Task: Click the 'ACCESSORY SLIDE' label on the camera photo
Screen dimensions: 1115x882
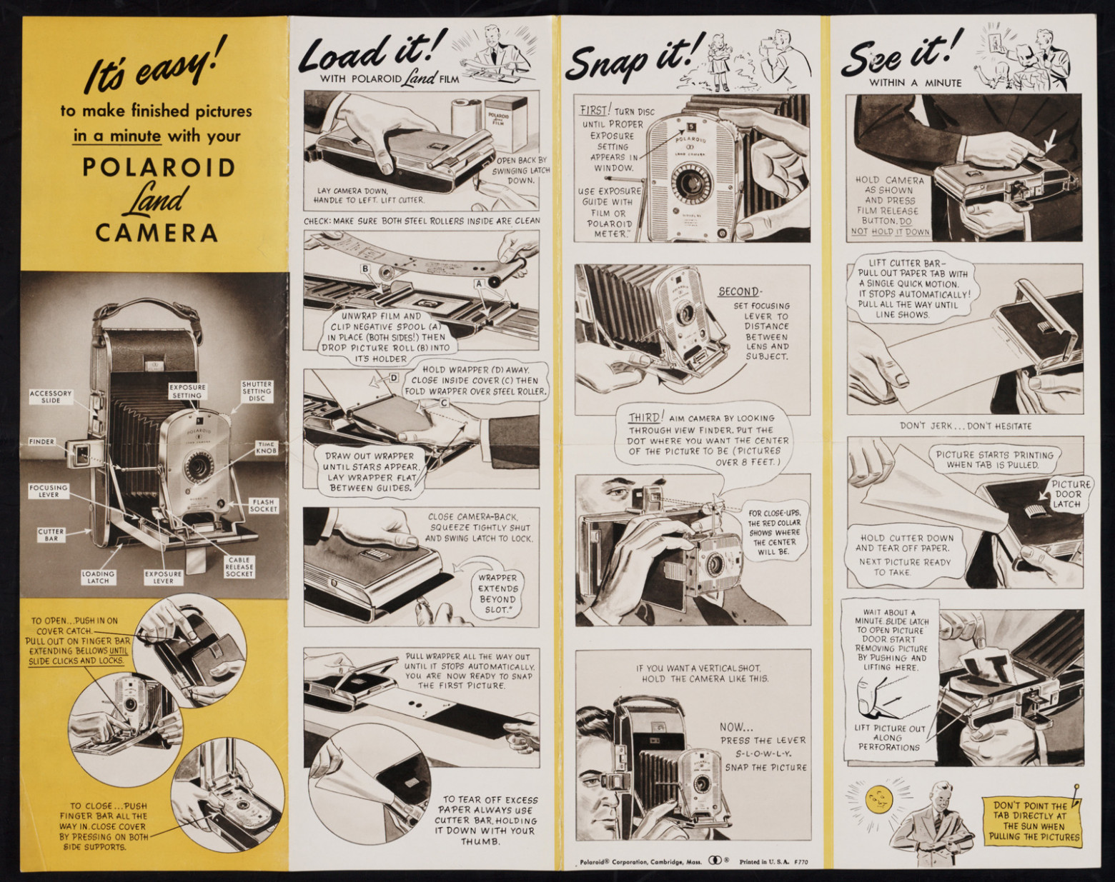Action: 50,396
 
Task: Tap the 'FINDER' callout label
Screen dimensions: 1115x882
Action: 42,441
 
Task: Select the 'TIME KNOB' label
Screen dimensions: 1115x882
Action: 266,448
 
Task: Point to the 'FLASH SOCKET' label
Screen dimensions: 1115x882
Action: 264,506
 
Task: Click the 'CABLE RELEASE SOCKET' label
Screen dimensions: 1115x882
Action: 239,566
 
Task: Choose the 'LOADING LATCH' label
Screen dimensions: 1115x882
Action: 98,577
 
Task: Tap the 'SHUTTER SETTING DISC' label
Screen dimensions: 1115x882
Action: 257,391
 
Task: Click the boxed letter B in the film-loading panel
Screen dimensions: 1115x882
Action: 367,269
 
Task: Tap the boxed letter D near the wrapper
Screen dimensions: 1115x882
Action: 394,378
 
